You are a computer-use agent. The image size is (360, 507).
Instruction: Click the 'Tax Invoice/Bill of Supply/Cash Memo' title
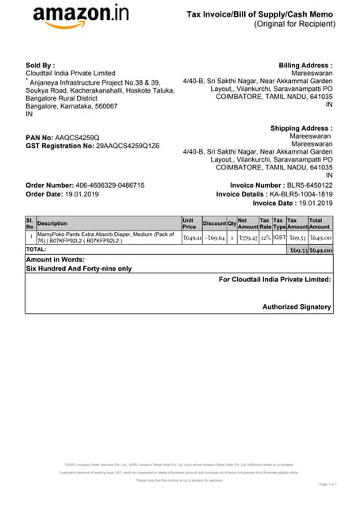point(259,14)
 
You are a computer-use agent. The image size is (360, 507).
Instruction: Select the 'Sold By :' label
point(40,64)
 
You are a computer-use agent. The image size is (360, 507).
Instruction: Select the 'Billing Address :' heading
point(305,65)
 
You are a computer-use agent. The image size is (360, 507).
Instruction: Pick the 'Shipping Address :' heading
point(301,128)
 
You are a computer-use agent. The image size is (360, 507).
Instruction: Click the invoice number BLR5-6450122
point(304,185)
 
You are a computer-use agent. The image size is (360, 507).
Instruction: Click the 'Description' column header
point(53,223)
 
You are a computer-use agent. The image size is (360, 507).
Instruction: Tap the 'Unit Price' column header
point(189,223)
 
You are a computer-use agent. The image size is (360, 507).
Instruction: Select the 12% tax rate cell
point(265,238)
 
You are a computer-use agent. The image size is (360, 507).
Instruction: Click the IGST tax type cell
point(279,238)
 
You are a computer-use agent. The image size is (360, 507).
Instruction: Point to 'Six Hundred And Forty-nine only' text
point(79,269)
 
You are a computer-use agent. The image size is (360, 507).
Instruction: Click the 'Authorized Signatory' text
point(297,307)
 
